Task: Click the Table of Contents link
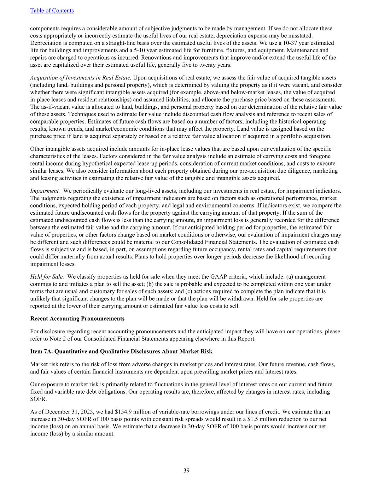click(x=52, y=11)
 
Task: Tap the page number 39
click(x=186, y=470)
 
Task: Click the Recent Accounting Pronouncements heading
click(x=77, y=319)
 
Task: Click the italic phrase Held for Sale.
click(x=47, y=276)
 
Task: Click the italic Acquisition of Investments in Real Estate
click(x=81, y=77)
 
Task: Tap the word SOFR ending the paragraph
click(x=37, y=399)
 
